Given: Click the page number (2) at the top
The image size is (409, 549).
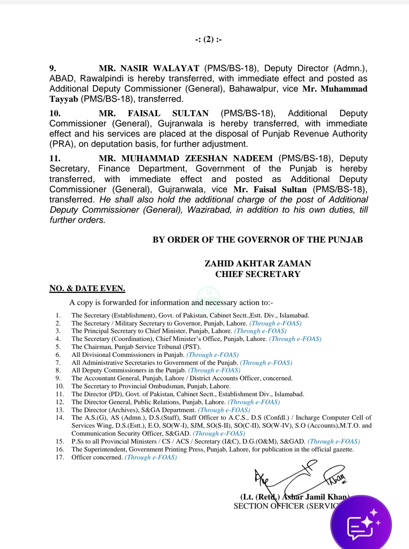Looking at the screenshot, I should pyautogui.click(x=209, y=39).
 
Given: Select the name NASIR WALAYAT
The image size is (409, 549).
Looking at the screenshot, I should pyautogui.click(x=159, y=68).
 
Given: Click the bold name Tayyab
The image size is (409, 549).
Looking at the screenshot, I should pyautogui.click(x=64, y=99).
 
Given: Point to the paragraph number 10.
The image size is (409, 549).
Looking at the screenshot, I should pyautogui.click(x=55, y=114).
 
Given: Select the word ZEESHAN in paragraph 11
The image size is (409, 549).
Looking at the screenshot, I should pyautogui.click(x=206, y=159).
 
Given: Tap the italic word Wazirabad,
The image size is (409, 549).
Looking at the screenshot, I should pyautogui.click(x=209, y=210).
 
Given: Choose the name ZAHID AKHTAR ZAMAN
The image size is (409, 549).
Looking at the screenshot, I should pyautogui.click(x=258, y=264).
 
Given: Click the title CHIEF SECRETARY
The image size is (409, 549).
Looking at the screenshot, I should pyautogui.click(x=258, y=274).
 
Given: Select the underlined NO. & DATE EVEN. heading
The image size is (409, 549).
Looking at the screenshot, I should pyautogui.click(x=87, y=289).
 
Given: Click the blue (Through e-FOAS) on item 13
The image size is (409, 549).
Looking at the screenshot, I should pyautogui.click(x=224, y=410).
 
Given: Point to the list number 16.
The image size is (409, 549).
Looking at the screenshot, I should pyautogui.click(x=59, y=449).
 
